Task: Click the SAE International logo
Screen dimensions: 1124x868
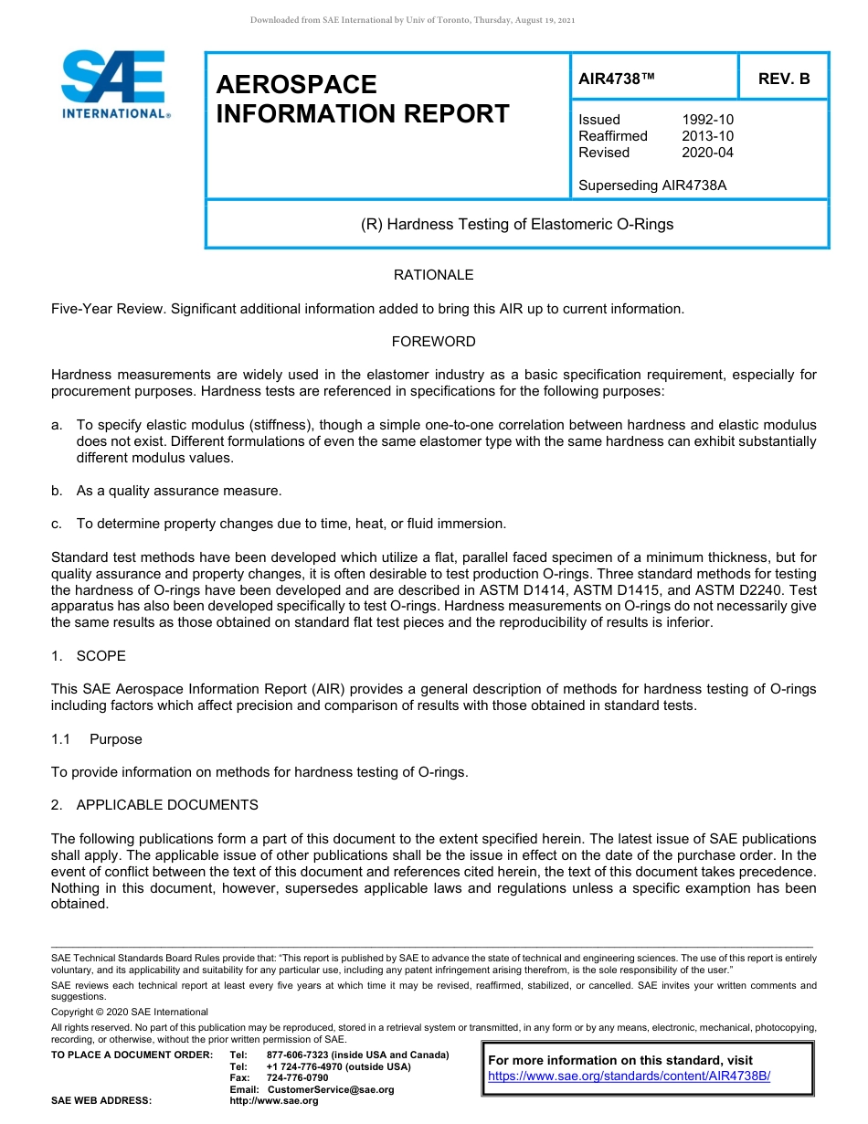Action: pyautogui.click(x=114, y=84)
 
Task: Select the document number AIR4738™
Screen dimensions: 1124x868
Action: pyautogui.click(x=617, y=79)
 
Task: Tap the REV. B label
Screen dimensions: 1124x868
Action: pyautogui.click(x=784, y=79)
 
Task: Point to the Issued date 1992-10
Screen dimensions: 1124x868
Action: pyautogui.click(x=707, y=120)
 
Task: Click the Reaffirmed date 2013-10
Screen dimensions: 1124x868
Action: pyautogui.click(x=707, y=136)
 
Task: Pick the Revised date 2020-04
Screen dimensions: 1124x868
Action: pyautogui.click(x=707, y=153)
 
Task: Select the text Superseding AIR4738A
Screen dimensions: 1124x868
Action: pyautogui.click(x=652, y=186)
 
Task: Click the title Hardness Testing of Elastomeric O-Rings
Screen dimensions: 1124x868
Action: pyautogui.click(x=517, y=224)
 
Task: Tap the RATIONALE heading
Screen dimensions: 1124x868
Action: pyautogui.click(x=433, y=275)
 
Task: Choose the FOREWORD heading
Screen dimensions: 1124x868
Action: pyautogui.click(x=433, y=342)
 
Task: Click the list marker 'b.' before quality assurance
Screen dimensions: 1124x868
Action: pyautogui.click(x=57, y=491)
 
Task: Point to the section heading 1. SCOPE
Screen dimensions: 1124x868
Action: pyautogui.click(x=89, y=656)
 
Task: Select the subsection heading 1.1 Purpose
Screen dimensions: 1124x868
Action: pyautogui.click(x=96, y=739)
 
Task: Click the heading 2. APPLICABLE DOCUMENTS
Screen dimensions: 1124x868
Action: pyautogui.click(x=154, y=805)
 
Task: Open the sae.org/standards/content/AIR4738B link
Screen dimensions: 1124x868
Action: pyautogui.click(x=630, y=1076)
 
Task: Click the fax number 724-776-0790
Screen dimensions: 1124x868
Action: pyautogui.click(x=297, y=1077)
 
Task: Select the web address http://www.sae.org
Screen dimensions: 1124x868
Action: pyautogui.click(x=273, y=1100)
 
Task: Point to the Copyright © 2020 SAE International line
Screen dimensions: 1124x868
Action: pyautogui.click(x=130, y=1012)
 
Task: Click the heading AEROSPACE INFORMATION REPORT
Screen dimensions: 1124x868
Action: pyautogui.click(x=363, y=99)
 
